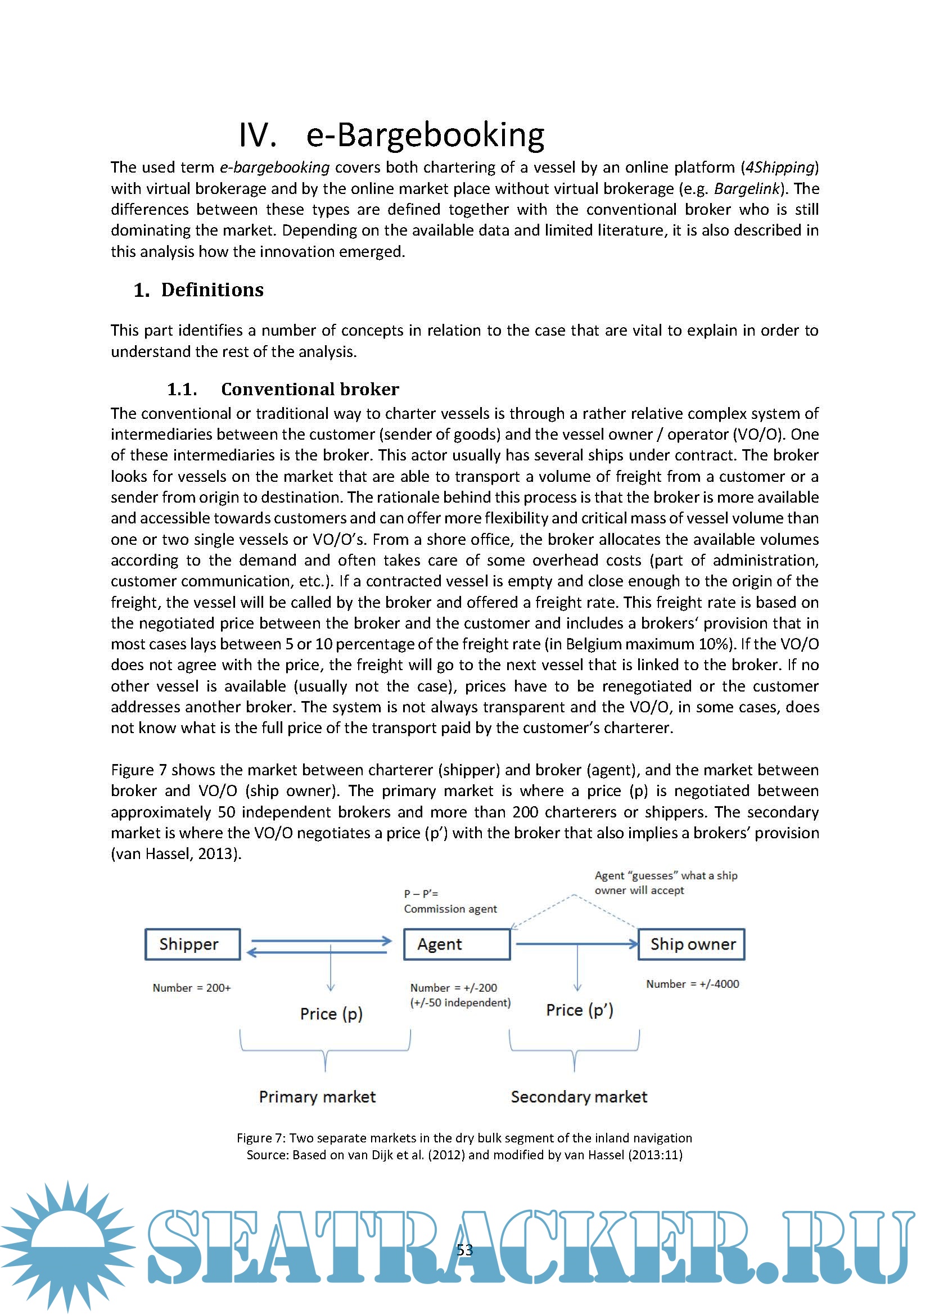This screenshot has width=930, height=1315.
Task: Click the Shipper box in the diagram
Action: tap(192, 944)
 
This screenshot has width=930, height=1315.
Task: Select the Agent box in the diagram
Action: tap(457, 944)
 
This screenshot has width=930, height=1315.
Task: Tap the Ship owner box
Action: tap(691, 944)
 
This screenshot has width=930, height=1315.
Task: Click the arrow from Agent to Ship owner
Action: tap(576, 943)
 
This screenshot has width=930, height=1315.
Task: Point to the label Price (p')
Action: tap(580, 1010)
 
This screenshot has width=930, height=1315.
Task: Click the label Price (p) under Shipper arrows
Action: tap(331, 1014)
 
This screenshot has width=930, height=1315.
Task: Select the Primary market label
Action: tap(317, 1097)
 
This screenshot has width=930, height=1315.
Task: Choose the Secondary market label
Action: tap(579, 1097)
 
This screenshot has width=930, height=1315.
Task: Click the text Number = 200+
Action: tap(191, 987)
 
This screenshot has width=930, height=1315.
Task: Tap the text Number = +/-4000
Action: tap(692, 984)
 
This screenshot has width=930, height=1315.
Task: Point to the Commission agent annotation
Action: tap(450, 909)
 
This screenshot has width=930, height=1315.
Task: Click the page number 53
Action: tap(465, 1250)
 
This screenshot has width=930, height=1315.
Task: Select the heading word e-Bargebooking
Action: tap(426, 135)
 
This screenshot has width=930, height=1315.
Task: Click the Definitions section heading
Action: tap(212, 290)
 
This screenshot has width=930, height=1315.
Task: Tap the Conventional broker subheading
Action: tap(310, 389)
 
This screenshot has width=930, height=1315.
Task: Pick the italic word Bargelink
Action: tap(747, 188)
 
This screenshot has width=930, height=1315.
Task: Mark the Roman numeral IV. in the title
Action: tap(257, 135)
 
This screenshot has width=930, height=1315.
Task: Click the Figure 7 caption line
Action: tap(464, 1138)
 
